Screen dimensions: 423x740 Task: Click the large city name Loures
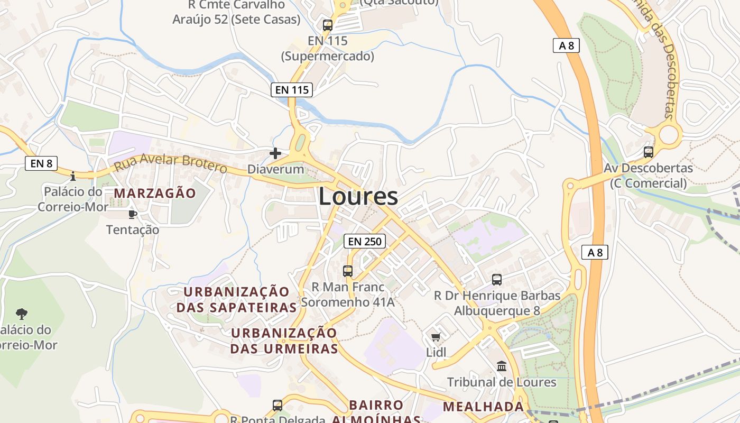[x=358, y=196]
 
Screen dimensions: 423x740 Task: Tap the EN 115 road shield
[x=292, y=90]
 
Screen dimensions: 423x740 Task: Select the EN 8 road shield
[x=41, y=163]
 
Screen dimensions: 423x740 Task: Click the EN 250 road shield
[x=365, y=242]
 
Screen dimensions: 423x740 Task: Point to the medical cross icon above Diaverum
[x=275, y=153]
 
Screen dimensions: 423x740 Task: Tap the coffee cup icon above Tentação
[x=132, y=214]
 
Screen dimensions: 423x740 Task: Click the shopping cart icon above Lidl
[x=436, y=337]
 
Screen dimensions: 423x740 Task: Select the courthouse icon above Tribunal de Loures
[x=502, y=366]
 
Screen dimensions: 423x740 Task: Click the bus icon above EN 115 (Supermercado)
[x=328, y=25]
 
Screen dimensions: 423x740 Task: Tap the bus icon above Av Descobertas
[x=649, y=152]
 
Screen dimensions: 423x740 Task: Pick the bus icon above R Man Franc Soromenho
[x=348, y=271]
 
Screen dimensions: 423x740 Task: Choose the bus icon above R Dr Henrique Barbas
[x=497, y=280]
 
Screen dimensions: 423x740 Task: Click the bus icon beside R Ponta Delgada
[x=277, y=406]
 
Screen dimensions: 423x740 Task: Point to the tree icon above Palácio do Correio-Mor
[x=22, y=314]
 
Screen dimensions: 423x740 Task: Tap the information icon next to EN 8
[x=73, y=176]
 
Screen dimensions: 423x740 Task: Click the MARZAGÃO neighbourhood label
[x=155, y=194]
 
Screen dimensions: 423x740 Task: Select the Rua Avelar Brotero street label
[x=171, y=163]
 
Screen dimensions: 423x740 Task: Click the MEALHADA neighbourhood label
[x=483, y=407]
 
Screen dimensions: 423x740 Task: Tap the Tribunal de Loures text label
[x=502, y=382]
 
